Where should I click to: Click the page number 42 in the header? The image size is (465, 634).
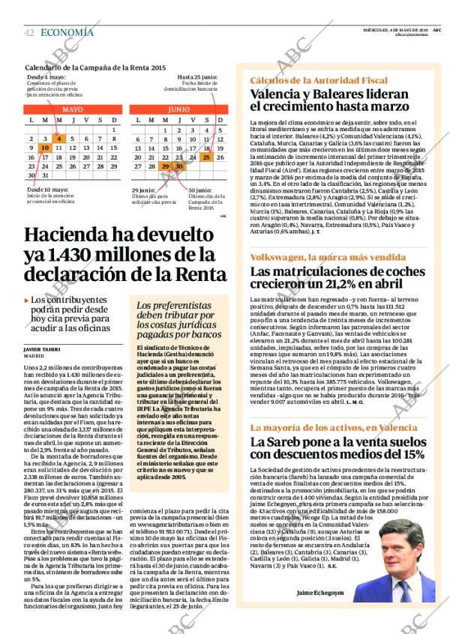29,33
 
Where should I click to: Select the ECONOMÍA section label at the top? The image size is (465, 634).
67,32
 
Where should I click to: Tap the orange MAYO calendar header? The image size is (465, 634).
73,109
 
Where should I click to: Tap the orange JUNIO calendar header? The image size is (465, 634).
178,109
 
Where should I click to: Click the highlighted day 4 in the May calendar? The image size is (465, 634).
58,139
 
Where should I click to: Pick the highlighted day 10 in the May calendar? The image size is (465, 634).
45,148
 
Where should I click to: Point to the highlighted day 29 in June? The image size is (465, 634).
165,167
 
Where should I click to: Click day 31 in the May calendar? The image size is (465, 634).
45,175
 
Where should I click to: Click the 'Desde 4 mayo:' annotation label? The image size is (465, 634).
46,77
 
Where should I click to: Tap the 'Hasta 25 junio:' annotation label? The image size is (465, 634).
197,77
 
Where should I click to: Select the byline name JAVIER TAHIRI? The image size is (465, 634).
42,349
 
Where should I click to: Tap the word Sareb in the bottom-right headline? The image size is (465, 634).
282,441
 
